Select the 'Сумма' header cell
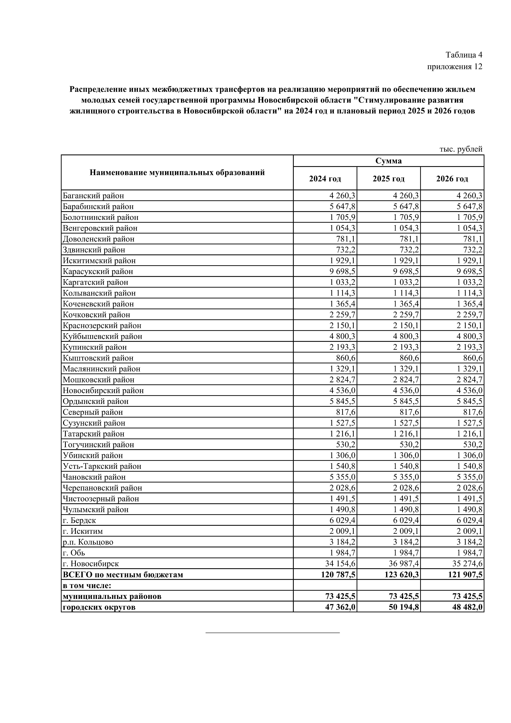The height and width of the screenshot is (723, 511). point(389,161)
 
